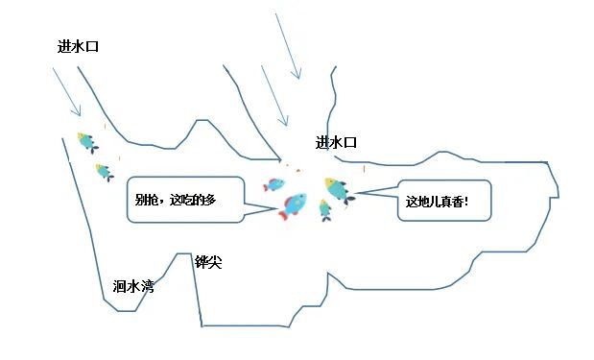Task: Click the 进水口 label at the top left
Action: pos(78,46)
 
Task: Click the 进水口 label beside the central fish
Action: pos(336,143)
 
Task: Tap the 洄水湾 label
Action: pos(132,285)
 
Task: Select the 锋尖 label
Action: pos(208,262)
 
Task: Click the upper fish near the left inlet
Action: pos(87,142)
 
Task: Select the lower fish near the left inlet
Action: pos(104,172)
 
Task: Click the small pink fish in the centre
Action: pos(275,184)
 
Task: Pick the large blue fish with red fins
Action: pos(293,204)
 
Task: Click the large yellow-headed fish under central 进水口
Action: pos(338,189)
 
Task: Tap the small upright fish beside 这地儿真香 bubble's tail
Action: pos(325,209)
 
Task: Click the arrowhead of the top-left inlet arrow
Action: pos(79,112)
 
